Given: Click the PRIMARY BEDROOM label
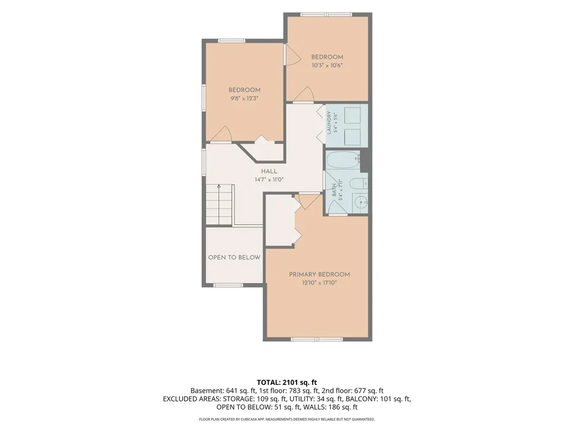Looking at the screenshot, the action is point(319,274).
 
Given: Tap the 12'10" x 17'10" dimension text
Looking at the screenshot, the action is point(319,283).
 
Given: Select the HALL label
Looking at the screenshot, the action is point(269,171).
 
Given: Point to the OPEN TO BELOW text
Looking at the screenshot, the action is point(234,257).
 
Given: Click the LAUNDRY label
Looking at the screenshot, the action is point(329,123).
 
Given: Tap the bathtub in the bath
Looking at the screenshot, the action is point(344,160).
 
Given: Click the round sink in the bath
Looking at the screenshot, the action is point(360,202).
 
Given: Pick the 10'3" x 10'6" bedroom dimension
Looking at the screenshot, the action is point(327,66).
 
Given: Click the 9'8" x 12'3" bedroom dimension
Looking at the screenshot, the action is point(244,98).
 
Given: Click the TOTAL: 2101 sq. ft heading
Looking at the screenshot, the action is point(286,383).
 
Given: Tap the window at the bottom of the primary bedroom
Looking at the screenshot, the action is point(317,340).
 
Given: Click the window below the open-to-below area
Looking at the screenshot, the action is point(228,285).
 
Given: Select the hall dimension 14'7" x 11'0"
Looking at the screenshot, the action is point(269,180).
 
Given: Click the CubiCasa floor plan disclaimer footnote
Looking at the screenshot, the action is point(286,419).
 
